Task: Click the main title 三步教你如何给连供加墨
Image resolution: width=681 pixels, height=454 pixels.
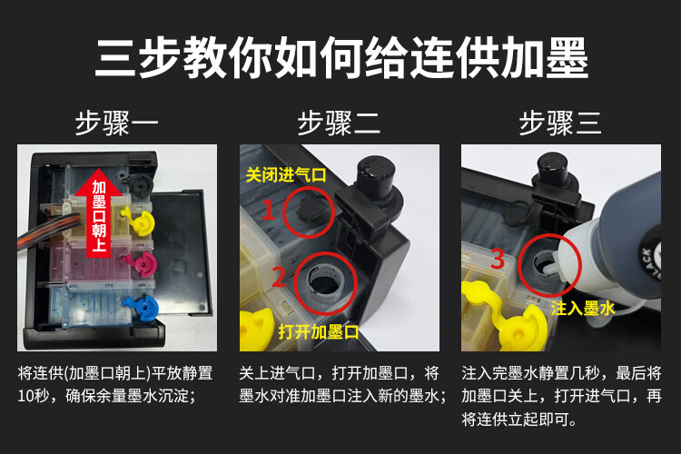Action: click(341, 58)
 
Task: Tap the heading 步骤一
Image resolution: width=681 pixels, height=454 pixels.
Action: click(117, 123)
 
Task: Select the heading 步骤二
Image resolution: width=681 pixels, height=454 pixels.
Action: click(340, 123)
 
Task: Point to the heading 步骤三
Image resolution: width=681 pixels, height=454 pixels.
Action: click(561, 123)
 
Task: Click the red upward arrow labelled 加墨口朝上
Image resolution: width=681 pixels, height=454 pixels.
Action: click(99, 212)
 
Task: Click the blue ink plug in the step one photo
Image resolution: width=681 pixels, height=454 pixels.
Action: click(143, 306)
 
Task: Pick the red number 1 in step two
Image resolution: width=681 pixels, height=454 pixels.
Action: click(268, 210)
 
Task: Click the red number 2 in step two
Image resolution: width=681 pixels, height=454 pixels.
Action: click(279, 277)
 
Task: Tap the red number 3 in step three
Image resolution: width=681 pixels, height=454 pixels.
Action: click(498, 258)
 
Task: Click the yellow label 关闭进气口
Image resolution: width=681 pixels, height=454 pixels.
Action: click(286, 175)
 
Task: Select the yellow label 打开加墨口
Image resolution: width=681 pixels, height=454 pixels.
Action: click(319, 332)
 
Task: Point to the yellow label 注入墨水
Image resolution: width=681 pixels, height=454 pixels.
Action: click(583, 309)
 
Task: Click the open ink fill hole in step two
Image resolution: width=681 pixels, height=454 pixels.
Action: click(325, 283)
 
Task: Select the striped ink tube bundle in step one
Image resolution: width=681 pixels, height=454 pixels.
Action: click(41, 232)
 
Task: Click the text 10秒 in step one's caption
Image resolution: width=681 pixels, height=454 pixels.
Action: click(33, 396)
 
